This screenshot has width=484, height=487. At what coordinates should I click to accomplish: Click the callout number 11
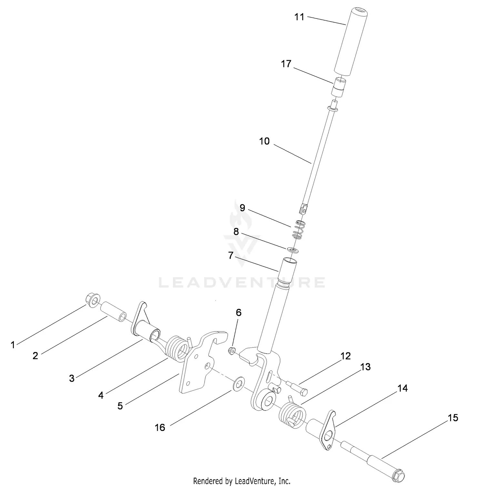tap(299, 17)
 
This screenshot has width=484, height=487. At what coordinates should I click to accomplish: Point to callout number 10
tap(264, 141)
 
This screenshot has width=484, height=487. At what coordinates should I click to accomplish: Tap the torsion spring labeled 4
tap(177, 348)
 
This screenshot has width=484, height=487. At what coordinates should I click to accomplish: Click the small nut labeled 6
tap(232, 351)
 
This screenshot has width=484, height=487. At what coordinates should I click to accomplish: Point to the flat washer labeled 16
tap(238, 383)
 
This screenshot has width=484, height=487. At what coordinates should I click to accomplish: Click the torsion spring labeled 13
tap(292, 415)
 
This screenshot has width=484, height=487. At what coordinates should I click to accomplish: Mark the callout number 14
tap(402, 388)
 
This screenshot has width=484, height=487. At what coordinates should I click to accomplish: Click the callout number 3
tap(72, 378)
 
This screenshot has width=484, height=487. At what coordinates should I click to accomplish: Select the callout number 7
tap(230, 255)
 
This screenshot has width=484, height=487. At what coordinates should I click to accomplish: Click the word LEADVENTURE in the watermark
tap(242, 282)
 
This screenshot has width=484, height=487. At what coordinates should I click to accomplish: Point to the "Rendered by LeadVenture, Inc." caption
tap(242, 481)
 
